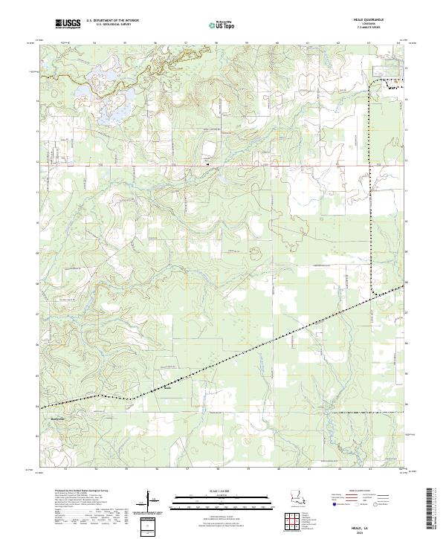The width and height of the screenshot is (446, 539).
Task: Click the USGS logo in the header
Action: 68,25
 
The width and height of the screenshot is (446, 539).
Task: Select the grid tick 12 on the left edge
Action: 36,161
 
